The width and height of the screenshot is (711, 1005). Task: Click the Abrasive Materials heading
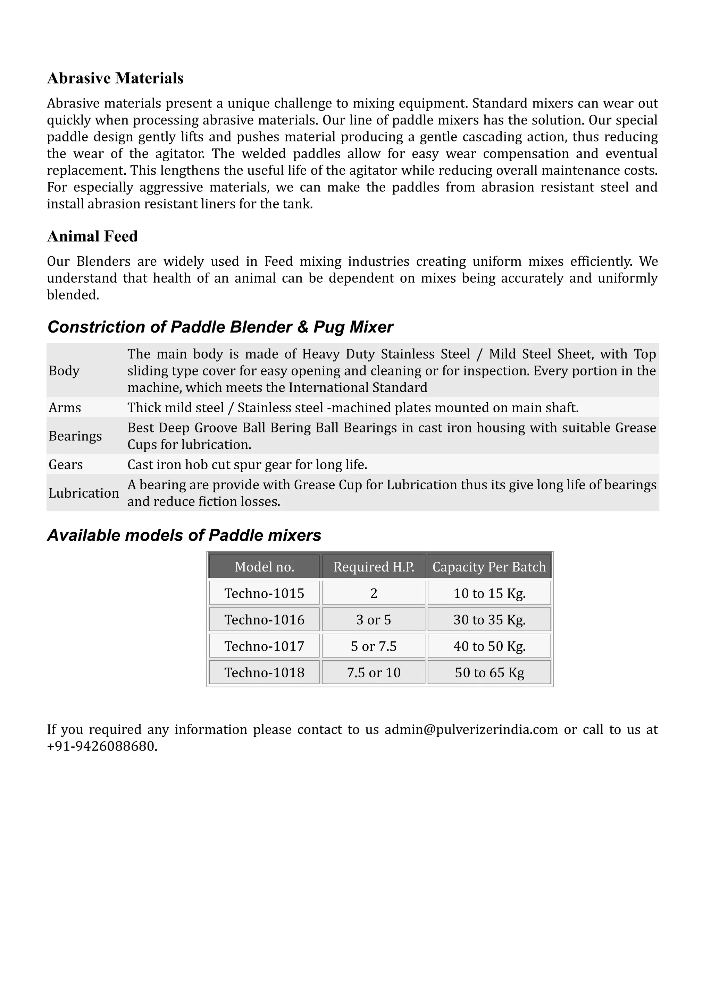click(115, 78)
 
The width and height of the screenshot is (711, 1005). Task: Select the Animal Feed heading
click(92, 237)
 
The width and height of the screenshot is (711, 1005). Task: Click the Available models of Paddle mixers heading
click(184, 535)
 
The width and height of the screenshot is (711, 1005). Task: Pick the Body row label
click(64, 371)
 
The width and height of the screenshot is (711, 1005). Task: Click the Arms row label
click(65, 407)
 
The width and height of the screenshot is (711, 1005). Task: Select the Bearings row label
click(75, 436)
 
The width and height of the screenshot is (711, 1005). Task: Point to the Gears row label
click(66, 464)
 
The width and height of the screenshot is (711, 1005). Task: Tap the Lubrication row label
click(84, 493)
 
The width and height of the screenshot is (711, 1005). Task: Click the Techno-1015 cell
click(264, 593)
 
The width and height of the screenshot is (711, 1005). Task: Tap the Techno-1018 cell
click(264, 672)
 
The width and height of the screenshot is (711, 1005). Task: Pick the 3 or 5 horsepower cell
click(374, 620)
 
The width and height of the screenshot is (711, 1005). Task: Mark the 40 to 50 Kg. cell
click(489, 646)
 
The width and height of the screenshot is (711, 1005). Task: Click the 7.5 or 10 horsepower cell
click(374, 672)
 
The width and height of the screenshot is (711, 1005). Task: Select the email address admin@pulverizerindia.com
click(471, 730)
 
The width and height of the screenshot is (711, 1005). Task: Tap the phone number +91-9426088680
click(102, 746)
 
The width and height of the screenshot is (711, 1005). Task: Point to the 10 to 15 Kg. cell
click(489, 593)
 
